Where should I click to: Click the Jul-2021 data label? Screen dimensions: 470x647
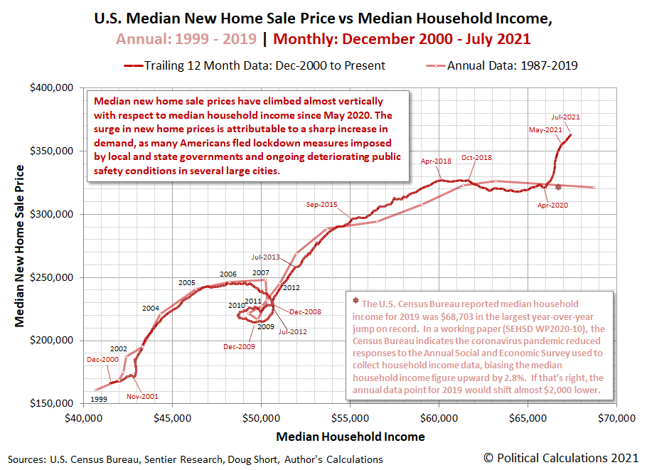point(567,117)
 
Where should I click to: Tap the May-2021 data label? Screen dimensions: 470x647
point(545,130)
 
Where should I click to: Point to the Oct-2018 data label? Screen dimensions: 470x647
point(476,158)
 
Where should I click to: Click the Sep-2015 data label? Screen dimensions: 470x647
point(322,205)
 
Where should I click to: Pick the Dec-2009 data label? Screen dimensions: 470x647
point(239,346)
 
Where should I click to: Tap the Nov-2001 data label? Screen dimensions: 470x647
point(142,396)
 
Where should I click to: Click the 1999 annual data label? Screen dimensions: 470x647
point(99,400)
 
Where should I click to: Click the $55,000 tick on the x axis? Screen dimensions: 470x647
point(350,420)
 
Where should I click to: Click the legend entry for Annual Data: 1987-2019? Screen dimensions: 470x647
point(512,65)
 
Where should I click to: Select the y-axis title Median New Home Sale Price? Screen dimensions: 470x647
point(21,246)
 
